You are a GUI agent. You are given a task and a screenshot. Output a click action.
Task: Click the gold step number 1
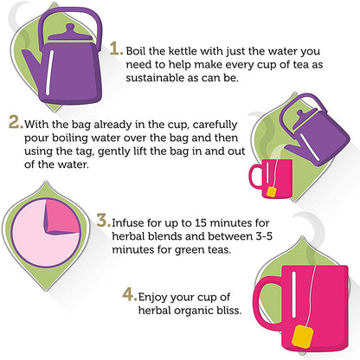tap(115, 48)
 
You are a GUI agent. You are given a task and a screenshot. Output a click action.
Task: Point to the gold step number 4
tap(128, 294)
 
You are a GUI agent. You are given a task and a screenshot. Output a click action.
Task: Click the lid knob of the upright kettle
tap(70, 29)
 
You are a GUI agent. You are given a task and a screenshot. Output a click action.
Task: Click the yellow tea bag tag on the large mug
tap(302, 336)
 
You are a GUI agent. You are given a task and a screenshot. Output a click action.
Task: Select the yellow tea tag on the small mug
tap(272, 191)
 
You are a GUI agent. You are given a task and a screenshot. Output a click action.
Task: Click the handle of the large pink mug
tap(267, 302)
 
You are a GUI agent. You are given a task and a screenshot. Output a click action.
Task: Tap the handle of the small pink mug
tap(255, 177)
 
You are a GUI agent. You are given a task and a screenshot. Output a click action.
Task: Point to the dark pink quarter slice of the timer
tap(62, 216)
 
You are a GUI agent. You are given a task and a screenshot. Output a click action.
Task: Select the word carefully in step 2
tap(215, 125)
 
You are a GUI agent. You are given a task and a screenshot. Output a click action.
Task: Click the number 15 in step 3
tap(201, 223)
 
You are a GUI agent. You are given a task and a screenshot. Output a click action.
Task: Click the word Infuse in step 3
tap(128, 223)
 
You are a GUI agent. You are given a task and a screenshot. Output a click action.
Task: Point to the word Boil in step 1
tap(136, 51)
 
